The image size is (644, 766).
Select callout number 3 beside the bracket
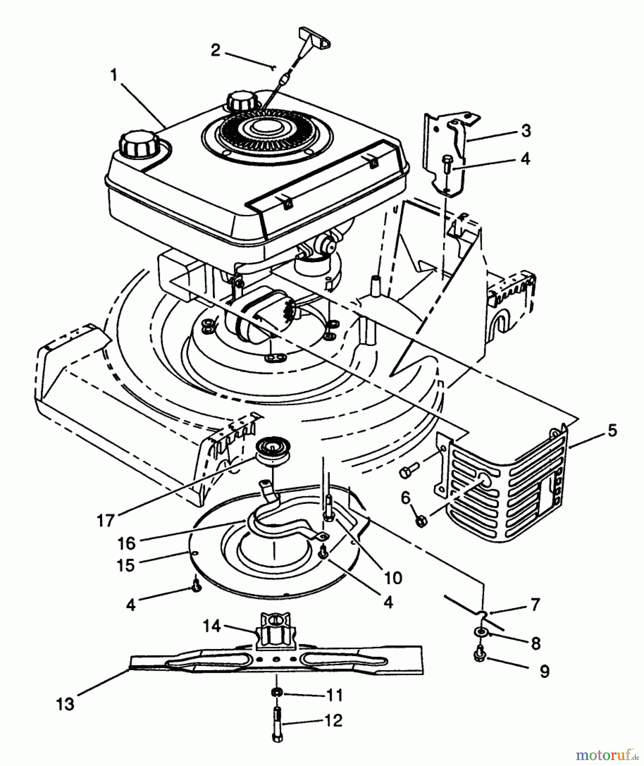click(526, 131)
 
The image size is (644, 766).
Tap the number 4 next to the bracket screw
click(525, 159)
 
